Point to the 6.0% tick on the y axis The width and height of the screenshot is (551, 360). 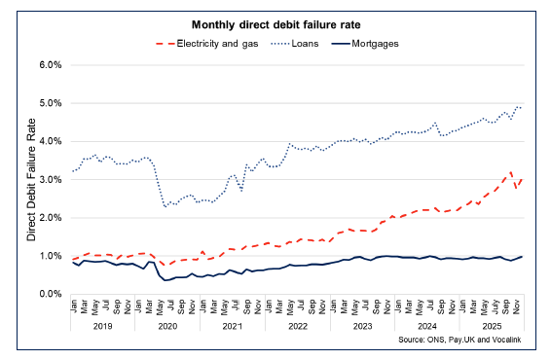click(x=49, y=65)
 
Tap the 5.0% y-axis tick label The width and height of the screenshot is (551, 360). click(x=49, y=103)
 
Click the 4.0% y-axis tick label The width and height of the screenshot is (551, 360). click(x=49, y=141)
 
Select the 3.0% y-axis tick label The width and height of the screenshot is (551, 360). click(x=49, y=179)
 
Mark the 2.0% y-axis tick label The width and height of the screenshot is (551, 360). click(x=49, y=217)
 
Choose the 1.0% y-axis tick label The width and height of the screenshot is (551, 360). click(x=49, y=256)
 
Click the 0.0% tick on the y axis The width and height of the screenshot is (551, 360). click(x=49, y=294)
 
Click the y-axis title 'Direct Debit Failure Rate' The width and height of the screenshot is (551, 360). click(x=31, y=179)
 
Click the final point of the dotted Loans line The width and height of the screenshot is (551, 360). click(x=523, y=106)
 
